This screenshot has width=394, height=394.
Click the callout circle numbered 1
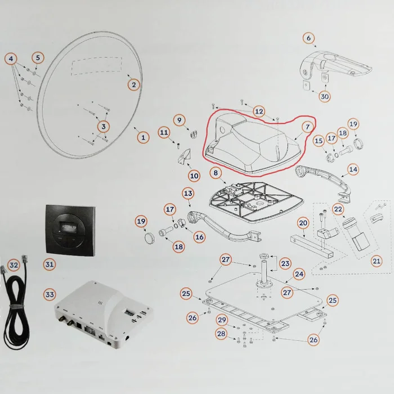coord(142,137)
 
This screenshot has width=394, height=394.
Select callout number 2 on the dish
coord(133,85)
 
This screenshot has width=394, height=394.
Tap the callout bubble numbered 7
coord(307,127)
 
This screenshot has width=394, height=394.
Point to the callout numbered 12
coord(258,111)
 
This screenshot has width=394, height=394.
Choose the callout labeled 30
coord(325,96)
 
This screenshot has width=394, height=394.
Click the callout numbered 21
coord(377,261)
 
